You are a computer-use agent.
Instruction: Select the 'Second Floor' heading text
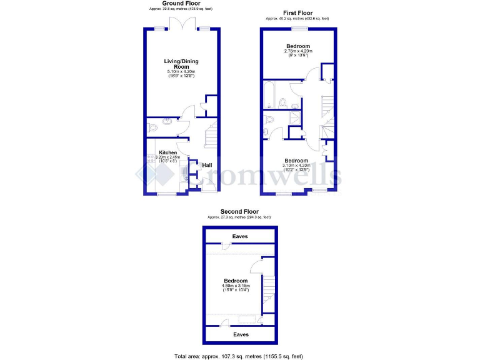coord(240,211)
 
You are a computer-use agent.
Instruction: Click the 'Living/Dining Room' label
coord(181,64)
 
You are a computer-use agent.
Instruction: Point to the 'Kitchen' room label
coord(167,152)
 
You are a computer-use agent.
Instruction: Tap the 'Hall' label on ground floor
coord(206,165)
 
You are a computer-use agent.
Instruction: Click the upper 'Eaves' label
coord(240,236)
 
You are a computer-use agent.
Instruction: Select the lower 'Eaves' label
coord(240,334)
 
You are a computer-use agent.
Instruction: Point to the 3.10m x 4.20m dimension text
coord(296,166)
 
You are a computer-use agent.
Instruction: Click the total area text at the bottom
coord(240,356)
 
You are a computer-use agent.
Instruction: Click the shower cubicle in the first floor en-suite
coord(294,119)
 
